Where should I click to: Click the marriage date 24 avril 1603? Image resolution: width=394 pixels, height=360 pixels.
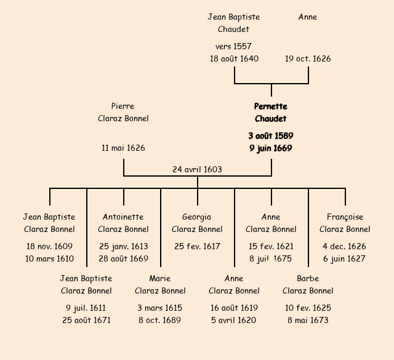(197, 169)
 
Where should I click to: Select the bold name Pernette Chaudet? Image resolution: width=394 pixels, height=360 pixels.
(271, 113)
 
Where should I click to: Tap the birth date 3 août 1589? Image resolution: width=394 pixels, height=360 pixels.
(271, 135)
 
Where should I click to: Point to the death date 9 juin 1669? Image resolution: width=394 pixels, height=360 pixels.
(271, 148)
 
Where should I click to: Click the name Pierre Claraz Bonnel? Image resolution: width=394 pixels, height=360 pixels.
(123, 113)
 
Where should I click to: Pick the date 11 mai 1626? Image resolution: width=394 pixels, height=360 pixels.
(123, 148)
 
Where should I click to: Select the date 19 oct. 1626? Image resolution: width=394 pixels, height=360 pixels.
(308, 59)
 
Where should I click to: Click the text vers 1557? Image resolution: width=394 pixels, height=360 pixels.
(233, 46)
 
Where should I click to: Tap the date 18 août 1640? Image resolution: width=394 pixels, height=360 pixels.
(234, 59)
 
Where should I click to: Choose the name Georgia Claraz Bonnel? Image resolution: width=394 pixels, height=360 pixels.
(197, 223)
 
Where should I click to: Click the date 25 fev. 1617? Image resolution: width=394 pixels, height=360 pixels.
(197, 246)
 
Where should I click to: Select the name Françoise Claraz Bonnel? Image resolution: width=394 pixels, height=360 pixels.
(345, 223)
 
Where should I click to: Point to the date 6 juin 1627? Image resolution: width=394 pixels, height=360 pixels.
(345, 259)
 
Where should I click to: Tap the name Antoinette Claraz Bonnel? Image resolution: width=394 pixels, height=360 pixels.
(123, 223)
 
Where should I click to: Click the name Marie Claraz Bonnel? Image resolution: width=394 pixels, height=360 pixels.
(160, 285)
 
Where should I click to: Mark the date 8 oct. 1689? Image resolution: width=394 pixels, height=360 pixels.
(160, 320)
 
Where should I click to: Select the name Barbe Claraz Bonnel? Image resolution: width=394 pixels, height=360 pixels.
(308, 285)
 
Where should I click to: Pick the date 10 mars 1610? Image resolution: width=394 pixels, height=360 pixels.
(49, 259)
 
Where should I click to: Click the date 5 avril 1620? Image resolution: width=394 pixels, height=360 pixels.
(234, 320)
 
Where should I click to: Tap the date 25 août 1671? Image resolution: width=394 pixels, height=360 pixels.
(86, 320)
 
